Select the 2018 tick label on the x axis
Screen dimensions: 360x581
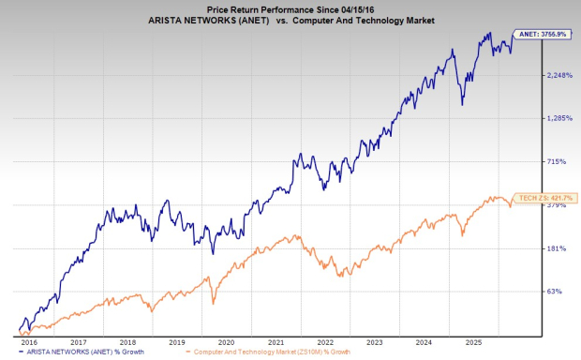tap(128, 343)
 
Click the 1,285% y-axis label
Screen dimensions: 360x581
tap(559, 118)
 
